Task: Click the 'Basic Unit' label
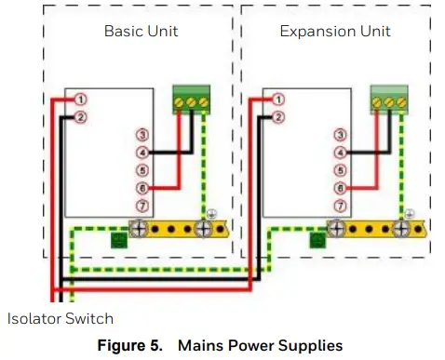pos(141,32)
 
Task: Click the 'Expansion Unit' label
pos(335,32)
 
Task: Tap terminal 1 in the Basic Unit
pos(81,100)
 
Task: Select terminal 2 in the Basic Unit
pos(81,117)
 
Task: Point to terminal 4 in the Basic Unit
pos(142,153)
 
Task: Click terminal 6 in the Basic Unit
pos(142,188)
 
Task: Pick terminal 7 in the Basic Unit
pos(142,206)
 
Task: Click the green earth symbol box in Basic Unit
pos(119,242)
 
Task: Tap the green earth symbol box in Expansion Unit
pos(317,242)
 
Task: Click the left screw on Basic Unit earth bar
pos(138,228)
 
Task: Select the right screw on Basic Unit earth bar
pos(203,228)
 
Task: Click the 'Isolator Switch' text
pos(61,318)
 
